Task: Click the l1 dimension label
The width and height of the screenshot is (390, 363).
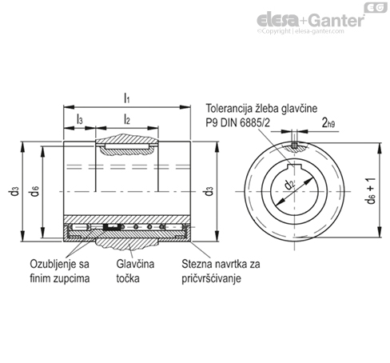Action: pyautogui.click(x=127, y=98)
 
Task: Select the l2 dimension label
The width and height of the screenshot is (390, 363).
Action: pyautogui.click(x=127, y=119)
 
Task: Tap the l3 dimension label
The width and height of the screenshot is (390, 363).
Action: pyautogui.click(x=79, y=119)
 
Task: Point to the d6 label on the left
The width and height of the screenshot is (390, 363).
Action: pyautogui.click(x=35, y=191)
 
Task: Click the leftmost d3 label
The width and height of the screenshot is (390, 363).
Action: pyautogui.click(x=14, y=191)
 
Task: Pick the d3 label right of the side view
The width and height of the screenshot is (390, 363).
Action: pyautogui.click(x=209, y=191)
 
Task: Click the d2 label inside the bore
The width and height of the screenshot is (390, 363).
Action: pyautogui.click(x=289, y=185)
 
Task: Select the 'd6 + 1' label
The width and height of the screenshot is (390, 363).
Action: pyautogui.click(x=371, y=191)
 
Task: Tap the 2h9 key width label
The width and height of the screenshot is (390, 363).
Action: pyautogui.click(x=328, y=123)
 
